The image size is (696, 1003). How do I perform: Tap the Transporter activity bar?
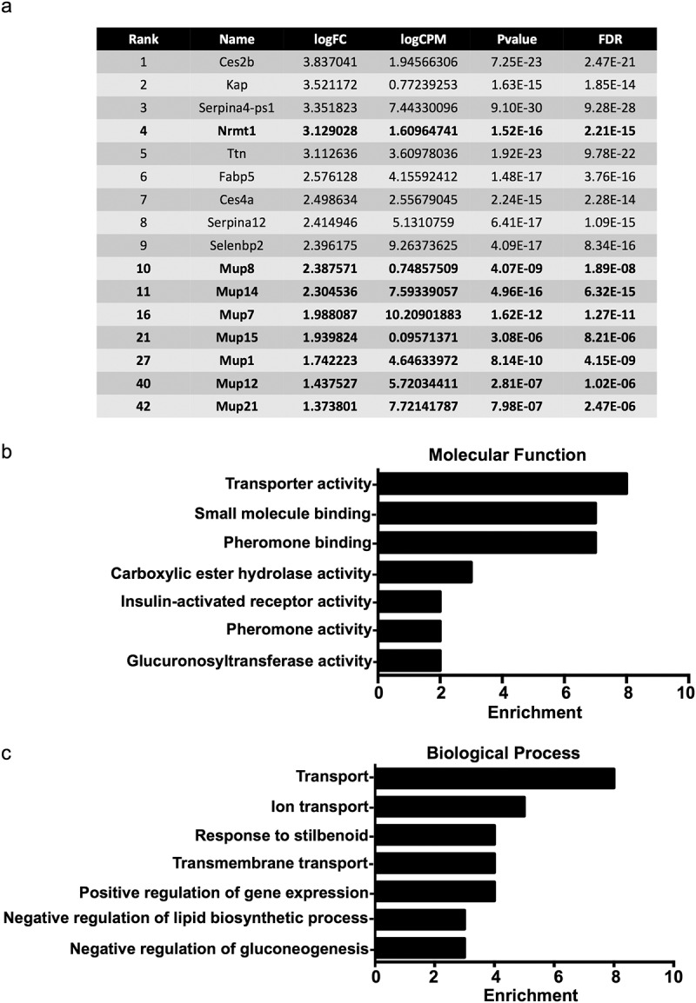click(x=502, y=484)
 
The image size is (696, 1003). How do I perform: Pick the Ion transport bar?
click(x=450, y=807)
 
